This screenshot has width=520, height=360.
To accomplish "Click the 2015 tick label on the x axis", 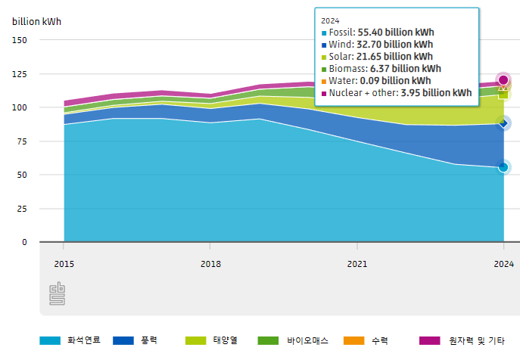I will coord(64,264).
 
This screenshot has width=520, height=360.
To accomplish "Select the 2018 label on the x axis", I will coord(210,264).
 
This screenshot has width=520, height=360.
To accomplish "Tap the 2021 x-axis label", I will coord(357,264).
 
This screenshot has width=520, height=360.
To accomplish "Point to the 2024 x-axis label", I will coord(503,264).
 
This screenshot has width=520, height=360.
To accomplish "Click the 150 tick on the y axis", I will coord(20,40).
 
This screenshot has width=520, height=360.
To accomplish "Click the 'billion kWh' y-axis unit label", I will coord(36,21).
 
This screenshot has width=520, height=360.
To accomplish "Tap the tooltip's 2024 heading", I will coord(330,20).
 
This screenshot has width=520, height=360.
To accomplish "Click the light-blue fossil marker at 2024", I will coord(503,167).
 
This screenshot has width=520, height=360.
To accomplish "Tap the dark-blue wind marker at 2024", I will coord(503,123).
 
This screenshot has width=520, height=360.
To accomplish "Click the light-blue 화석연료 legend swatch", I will coord(49,341).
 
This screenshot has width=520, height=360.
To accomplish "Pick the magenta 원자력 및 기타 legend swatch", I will coord(429,341).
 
